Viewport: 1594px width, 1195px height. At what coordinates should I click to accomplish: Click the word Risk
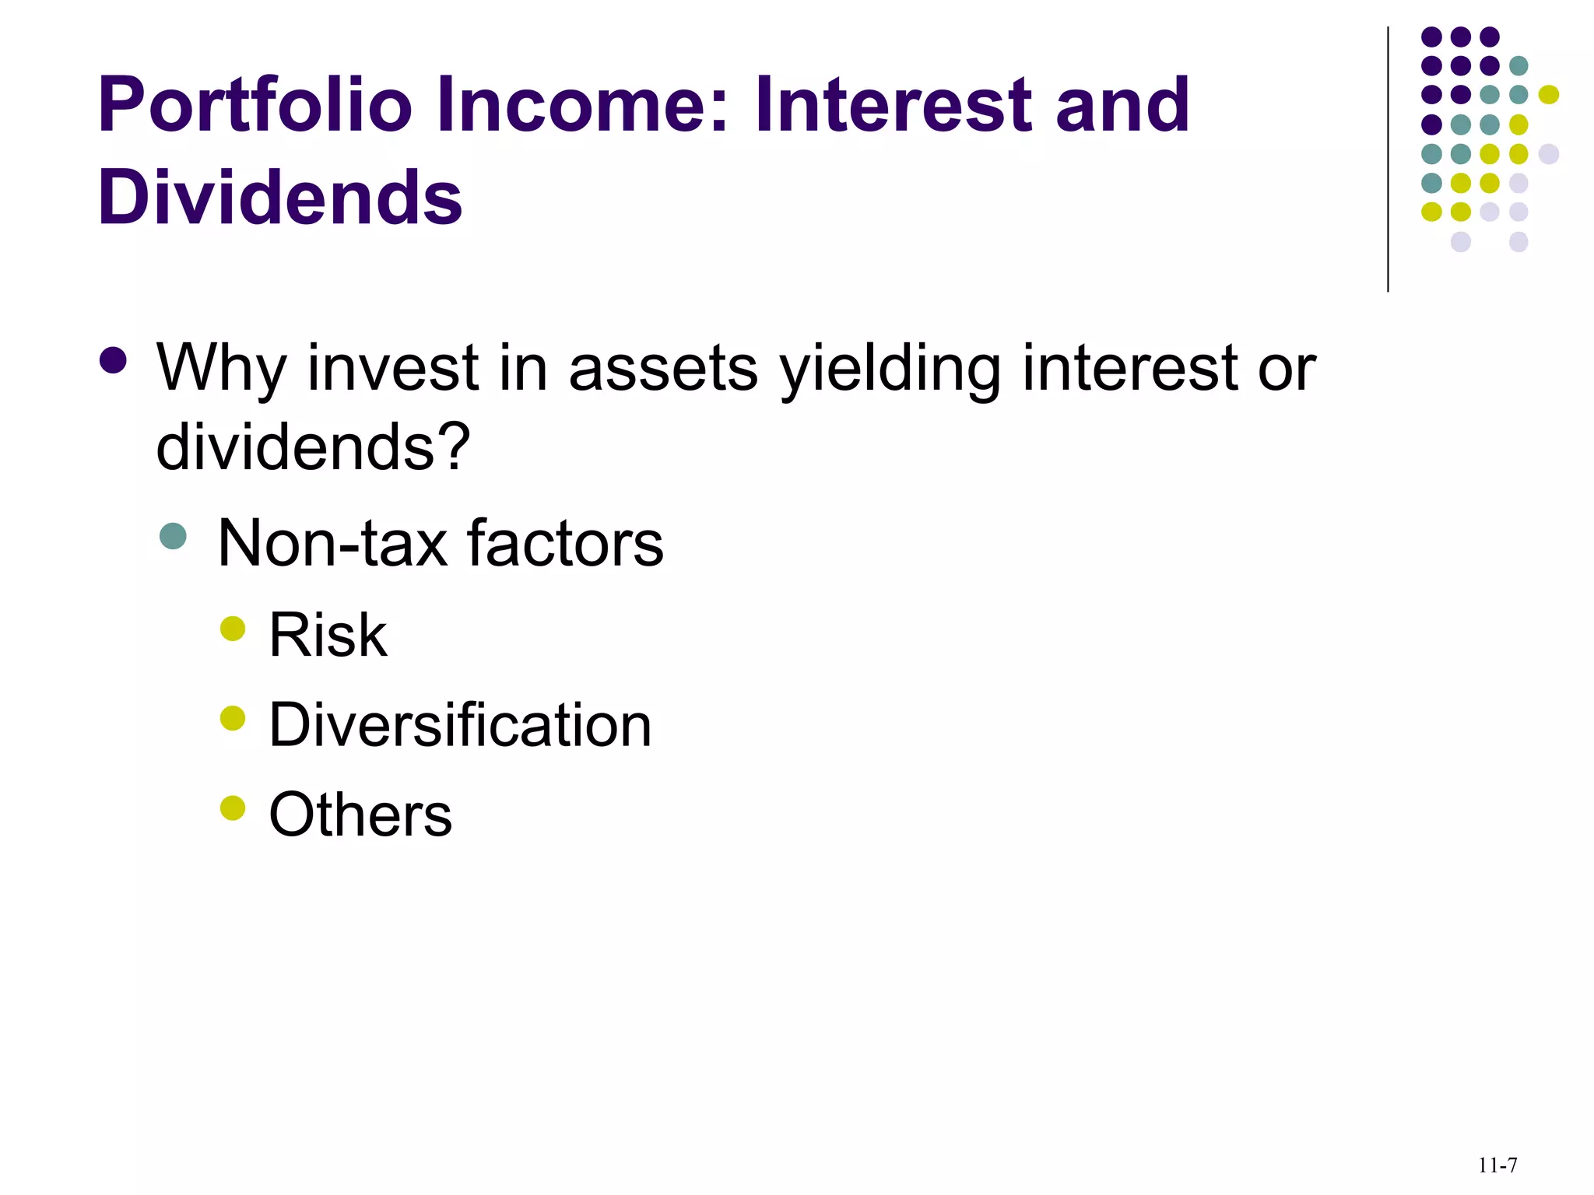point(328,635)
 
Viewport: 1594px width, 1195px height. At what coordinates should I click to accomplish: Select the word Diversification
point(460,725)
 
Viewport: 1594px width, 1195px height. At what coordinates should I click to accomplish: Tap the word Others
point(360,815)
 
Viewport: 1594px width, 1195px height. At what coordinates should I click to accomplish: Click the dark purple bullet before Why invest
point(114,360)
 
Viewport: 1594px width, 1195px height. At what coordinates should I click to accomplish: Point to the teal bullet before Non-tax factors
point(173,535)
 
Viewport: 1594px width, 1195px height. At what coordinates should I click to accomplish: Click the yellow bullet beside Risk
point(233,628)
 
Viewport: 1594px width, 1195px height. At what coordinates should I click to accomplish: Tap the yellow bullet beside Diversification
point(233,718)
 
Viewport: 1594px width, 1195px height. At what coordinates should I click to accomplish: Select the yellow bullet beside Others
point(233,808)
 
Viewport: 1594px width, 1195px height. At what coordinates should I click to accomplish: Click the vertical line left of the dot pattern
point(1388,159)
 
